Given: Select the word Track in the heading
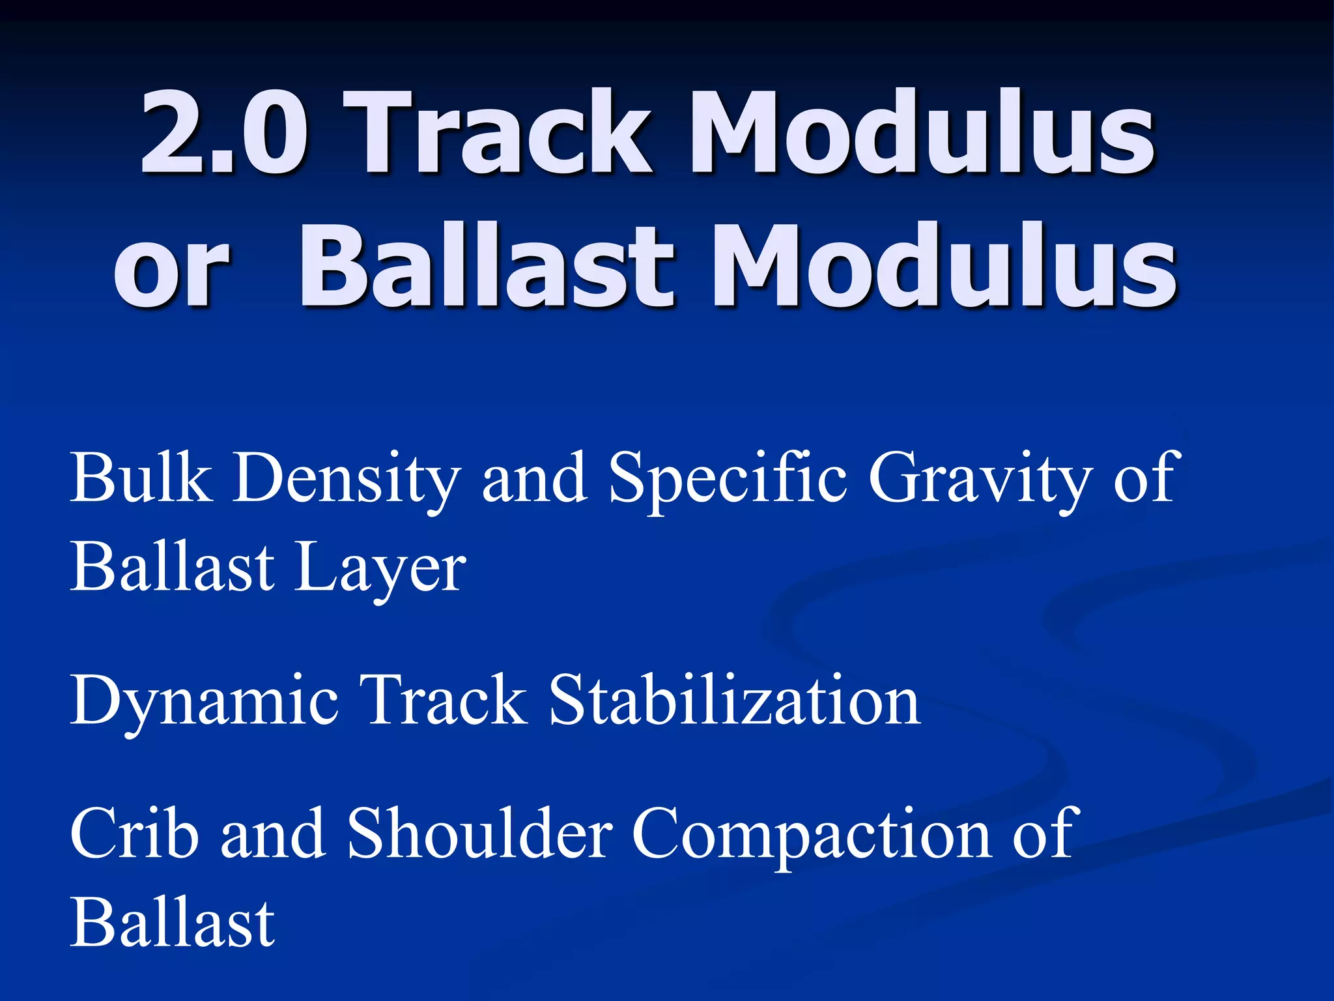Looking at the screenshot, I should pyautogui.click(x=498, y=134).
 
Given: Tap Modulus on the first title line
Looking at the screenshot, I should pyautogui.click(x=922, y=134).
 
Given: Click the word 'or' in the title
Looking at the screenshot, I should pyautogui.click(x=171, y=267).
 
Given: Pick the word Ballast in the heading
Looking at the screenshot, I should pyautogui.click(x=485, y=267).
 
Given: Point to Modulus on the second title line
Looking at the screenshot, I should pyautogui.click(x=944, y=267).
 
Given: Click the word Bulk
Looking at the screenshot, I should pyautogui.click(x=141, y=479).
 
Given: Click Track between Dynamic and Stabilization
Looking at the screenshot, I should pyautogui.click(x=443, y=701).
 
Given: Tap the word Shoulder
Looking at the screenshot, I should pyautogui.click(x=479, y=834).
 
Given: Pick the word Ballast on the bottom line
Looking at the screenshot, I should pyautogui.click(x=173, y=922).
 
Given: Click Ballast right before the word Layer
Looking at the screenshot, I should pyautogui.click(x=173, y=567).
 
